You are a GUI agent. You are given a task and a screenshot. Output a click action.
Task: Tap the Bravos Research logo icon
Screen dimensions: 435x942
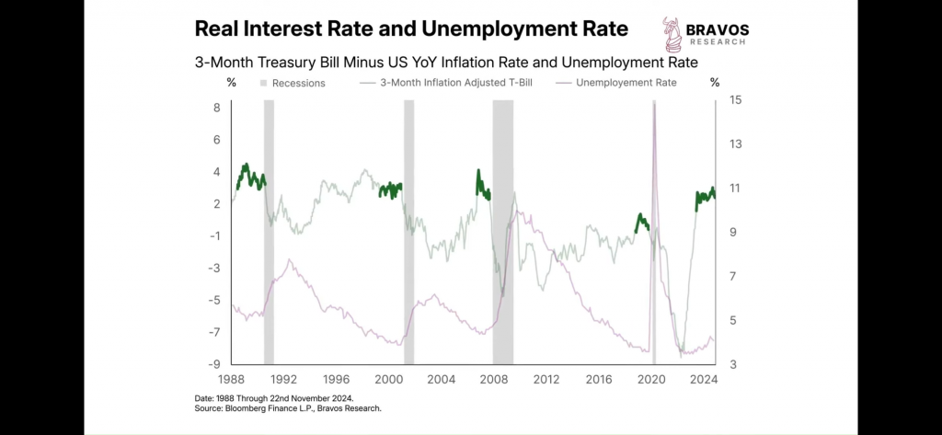(x=673, y=34)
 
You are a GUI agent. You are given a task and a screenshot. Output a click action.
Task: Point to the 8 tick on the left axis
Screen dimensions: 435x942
(x=217, y=108)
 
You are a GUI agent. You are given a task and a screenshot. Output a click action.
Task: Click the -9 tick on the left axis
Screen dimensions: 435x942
(x=214, y=364)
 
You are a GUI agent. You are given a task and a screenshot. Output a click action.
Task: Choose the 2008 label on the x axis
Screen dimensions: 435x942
(x=494, y=379)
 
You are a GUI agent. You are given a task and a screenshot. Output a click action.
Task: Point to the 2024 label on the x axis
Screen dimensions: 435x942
(x=704, y=379)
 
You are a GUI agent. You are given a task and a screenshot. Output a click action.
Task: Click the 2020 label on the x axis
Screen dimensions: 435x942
(x=652, y=379)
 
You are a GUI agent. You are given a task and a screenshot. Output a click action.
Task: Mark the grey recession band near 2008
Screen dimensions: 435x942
(x=502, y=230)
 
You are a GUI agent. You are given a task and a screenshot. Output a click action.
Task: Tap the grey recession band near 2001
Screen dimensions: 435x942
(x=409, y=230)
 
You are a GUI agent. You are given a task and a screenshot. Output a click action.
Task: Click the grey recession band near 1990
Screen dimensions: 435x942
(x=270, y=230)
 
